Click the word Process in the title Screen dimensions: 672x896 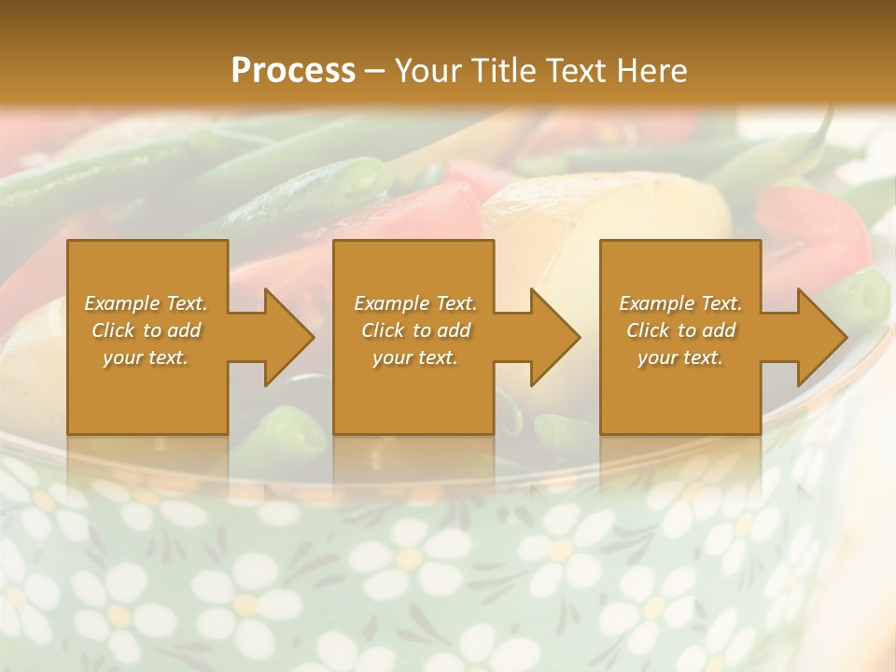coord(293,70)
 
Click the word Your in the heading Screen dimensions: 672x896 coord(426,70)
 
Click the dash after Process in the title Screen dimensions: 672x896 coord(375,71)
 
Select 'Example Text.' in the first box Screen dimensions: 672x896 coord(146,303)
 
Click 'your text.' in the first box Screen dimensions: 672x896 coord(146,357)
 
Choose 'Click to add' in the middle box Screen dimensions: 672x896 coord(415,330)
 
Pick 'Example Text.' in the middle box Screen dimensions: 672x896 coord(415,303)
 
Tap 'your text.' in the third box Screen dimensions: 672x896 coord(680,357)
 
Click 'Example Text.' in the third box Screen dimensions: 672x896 coord(680,303)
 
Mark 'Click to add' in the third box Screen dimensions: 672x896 coord(680,330)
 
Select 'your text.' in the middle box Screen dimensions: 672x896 coord(415,357)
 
